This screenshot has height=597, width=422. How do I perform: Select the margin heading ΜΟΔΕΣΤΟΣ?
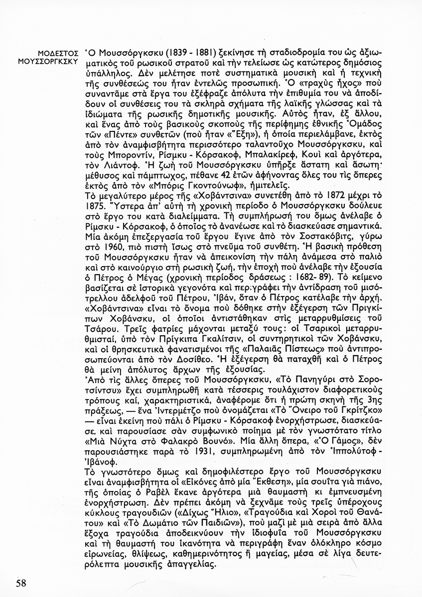click(59, 52)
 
